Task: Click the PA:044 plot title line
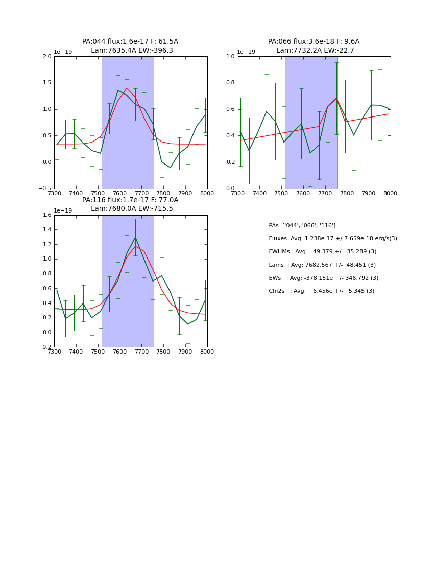click(130, 42)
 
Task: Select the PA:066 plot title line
click(314, 42)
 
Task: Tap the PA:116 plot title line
click(130, 200)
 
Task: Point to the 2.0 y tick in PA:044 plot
click(47, 57)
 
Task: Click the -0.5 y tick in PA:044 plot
click(46, 189)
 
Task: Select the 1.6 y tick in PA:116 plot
click(47, 215)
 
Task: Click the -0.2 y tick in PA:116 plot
click(46, 347)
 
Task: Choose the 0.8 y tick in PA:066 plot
click(231, 83)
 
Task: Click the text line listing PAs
click(302, 225)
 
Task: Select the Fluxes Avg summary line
click(332, 239)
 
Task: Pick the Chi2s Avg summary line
click(321, 291)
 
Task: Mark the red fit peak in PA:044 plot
click(127, 88)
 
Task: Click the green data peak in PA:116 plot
click(135, 237)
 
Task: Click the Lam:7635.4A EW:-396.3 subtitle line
click(132, 51)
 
